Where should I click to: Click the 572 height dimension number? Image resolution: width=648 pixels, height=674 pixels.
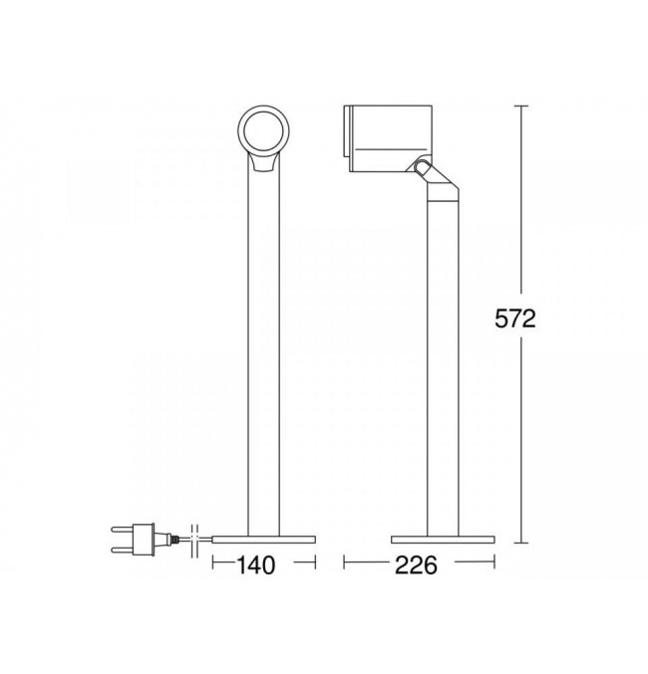515,319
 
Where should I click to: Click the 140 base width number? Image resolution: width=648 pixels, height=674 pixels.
256,565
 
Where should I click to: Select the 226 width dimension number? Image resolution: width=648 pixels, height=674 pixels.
416,565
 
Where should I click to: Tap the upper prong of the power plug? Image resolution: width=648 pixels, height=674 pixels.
123,529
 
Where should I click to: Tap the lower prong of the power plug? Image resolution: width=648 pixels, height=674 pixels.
123,550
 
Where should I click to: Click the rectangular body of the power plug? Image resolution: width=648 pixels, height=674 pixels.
144,539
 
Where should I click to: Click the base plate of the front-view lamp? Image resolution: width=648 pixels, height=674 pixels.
264,540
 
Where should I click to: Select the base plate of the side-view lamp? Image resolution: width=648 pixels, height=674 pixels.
443,540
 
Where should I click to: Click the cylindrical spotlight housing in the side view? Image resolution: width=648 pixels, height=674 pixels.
388,138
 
